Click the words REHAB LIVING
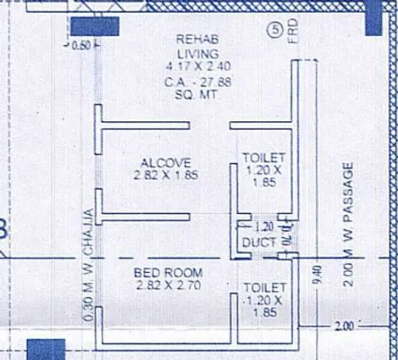click(x=197, y=46)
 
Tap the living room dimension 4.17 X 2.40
click(x=197, y=67)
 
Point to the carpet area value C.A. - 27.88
click(x=197, y=79)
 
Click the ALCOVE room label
click(x=158, y=162)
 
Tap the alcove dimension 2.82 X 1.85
click(x=158, y=174)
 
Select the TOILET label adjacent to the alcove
click(x=263, y=157)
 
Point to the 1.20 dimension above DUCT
click(x=263, y=227)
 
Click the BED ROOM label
click(x=168, y=273)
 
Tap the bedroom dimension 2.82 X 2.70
click(x=168, y=285)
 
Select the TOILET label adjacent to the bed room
click(x=265, y=287)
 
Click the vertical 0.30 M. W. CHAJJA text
click(x=90, y=263)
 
